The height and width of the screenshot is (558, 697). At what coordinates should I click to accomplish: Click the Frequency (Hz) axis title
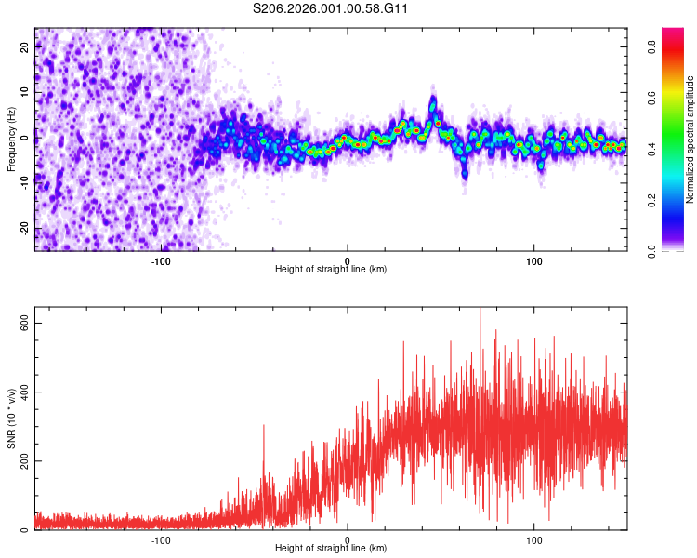pos(12,139)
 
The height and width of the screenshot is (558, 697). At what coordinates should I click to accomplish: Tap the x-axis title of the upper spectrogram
pos(331,269)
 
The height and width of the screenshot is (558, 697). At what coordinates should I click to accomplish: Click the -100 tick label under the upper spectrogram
pos(161,259)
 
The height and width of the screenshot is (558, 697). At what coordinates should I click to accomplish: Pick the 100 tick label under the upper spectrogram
pos(534,259)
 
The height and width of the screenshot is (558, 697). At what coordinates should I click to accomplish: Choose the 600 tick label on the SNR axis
pos(23,323)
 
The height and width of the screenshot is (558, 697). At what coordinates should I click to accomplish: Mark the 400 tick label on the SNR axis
pos(23,392)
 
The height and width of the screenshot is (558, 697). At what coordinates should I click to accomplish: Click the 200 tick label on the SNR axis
pos(23,460)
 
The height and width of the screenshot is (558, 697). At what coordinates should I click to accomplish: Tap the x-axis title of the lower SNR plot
pos(331,548)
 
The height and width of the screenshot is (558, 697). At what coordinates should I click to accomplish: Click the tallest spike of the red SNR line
pos(480,310)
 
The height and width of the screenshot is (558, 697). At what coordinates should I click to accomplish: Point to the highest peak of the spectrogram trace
pos(433,99)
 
